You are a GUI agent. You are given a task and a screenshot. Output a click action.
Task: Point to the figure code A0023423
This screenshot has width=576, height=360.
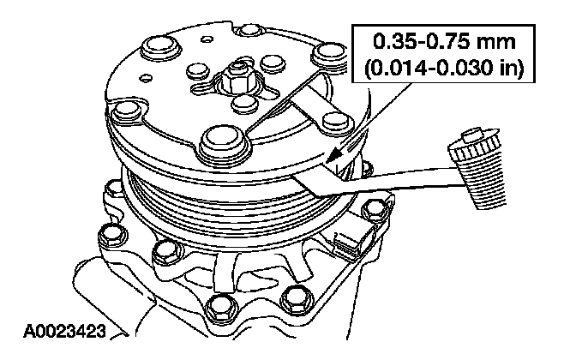(x=64, y=331)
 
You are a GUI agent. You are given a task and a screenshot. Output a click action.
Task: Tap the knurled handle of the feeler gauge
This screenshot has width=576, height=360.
(x=477, y=169)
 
